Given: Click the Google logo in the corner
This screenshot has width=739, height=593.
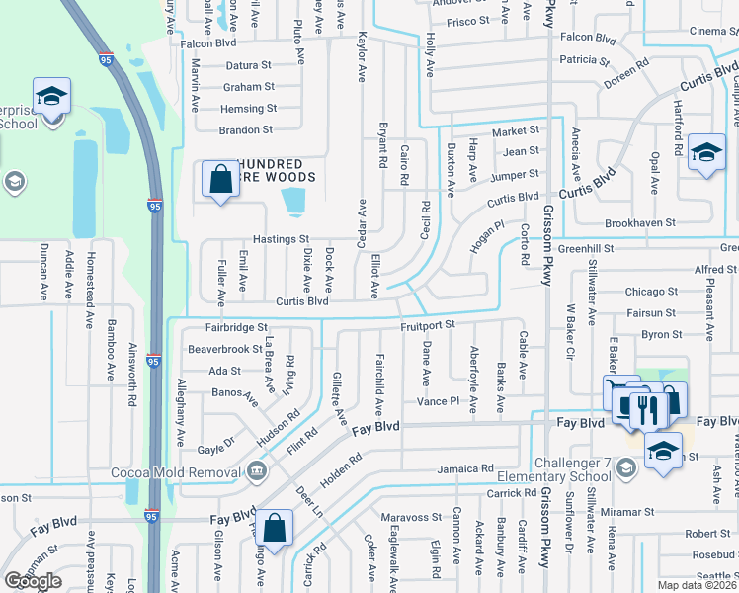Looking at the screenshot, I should coord(33,581).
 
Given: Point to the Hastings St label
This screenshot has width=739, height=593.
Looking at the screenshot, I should coord(281,239).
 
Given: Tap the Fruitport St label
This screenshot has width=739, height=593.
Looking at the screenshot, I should coord(427,324).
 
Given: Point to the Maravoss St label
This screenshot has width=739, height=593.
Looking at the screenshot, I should coord(411,517).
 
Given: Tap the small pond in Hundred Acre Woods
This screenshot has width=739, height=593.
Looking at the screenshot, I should coord(293,202).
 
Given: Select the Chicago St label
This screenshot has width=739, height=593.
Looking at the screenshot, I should coord(651,292).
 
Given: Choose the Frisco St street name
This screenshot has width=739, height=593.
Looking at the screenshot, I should coord(467,21).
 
